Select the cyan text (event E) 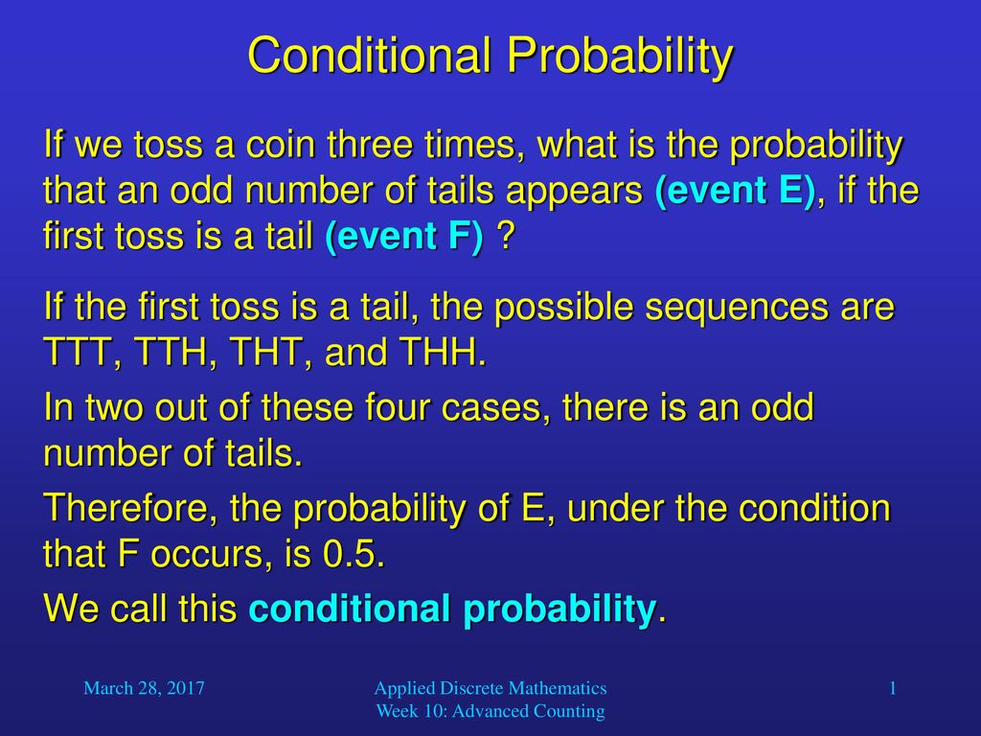point(736,191)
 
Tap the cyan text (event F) point(404,236)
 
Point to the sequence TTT point(79,352)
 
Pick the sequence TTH point(171,352)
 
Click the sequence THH point(443,352)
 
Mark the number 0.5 point(354,553)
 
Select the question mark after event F point(505,236)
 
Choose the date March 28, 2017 point(144,688)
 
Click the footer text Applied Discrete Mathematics point(490,688)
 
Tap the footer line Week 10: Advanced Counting point(490,712)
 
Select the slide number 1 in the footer point(893,688)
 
